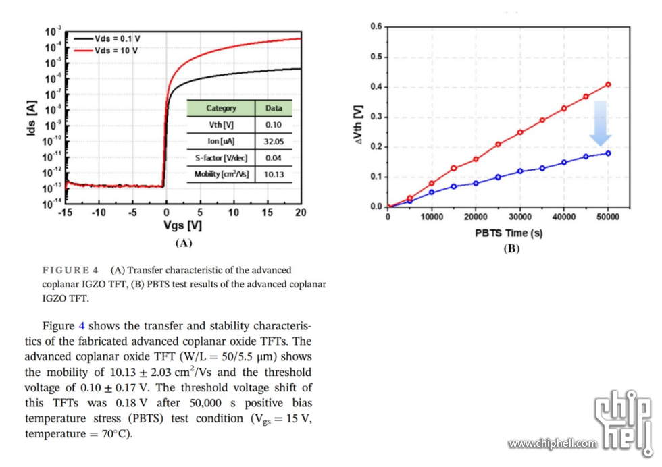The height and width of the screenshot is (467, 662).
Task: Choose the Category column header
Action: pyautogui.click(x=221, y=108)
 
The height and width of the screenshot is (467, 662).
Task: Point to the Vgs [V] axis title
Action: pyautogui.click(x=183, y=226)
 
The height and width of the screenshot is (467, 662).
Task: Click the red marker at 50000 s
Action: pyautogui.click(x=609, y=84)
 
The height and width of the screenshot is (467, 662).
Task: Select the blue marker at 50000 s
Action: pyautogui.click(x=609, y=153)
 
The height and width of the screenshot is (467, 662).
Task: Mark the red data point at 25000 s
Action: pyautogui.click(x=498, y=144)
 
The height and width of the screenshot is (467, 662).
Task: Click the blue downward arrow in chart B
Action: pyautogui.click(x=600, y=123)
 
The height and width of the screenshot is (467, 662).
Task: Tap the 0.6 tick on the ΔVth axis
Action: pyautogui.click(x=376, y=26)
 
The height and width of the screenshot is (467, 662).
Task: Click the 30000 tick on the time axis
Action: pyautogui.click(x=520, y=217)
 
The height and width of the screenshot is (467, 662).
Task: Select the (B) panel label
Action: pyautogui.click(x=511, y=248)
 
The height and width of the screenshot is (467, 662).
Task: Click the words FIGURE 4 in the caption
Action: pyautogui.click(x=71, y=270)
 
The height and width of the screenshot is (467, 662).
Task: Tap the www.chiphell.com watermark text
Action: pyautogui.click(x=552, y=443)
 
